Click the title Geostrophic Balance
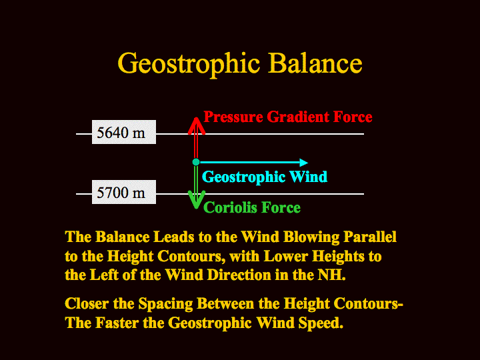pyautogui.click(x=240, y=64)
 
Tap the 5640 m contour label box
pyautogui.click(x=124, y=132)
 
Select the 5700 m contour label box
pyautogui.click(x=124, y=192)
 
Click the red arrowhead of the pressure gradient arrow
pyautogui.click(x=196, y=125)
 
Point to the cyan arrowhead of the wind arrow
pyautogui.click(x=304, y=162)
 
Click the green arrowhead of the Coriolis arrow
pyautogui.click(x=196, y=200)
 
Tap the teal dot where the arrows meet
pyautogui.click(x=196, y=162)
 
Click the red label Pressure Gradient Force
pyautogui.click(x=288, y=117)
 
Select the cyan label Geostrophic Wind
pyautogui.click(x=265, y=177)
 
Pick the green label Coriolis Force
pyautogui.click(x=252, y=207)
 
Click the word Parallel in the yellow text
pyautogui.click(x=370, y=237)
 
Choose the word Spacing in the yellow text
pyautogui.click(x=165, y=304)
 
